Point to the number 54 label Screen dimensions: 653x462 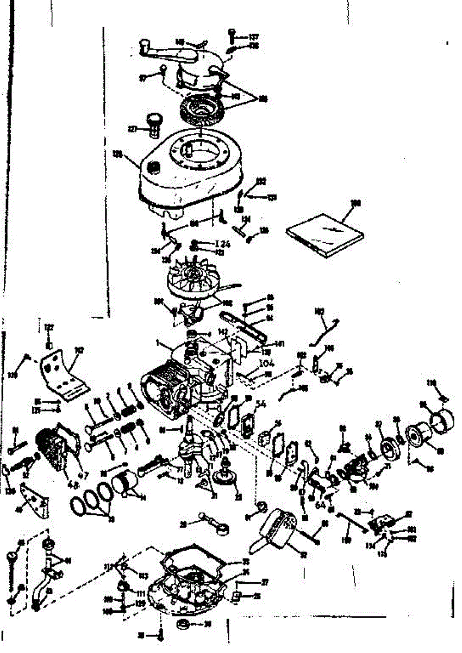point(261,404)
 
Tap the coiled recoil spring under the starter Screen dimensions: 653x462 point(202,109)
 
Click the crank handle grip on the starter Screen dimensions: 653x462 point(145,44)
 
